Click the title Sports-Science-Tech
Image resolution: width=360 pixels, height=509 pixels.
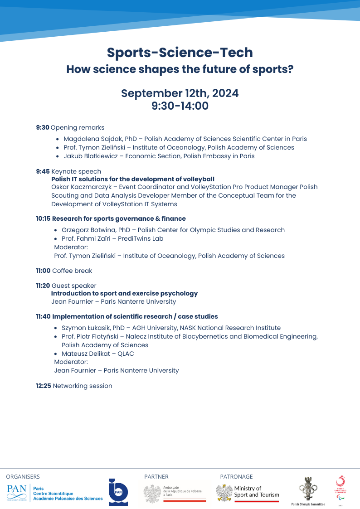(180, 53)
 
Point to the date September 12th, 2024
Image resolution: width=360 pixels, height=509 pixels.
(180, 93)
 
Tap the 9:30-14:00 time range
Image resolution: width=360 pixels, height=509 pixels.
(180, 107)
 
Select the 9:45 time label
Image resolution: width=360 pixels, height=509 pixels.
(43, 171)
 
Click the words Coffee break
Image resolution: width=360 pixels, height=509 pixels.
(72, 271)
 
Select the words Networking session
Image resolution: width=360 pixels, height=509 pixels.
(83, 386)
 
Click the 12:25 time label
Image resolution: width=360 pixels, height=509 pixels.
(44, 386)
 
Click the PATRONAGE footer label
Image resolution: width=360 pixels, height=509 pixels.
(236, 476)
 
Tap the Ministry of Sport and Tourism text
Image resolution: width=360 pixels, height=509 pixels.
(257, 491)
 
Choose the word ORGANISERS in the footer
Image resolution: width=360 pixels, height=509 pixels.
(23, 476)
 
